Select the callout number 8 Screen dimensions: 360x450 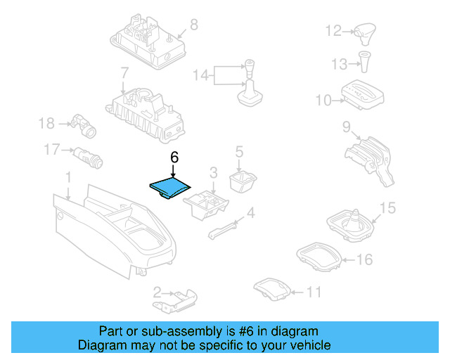click(x=193, y=25)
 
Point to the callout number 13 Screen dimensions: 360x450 click(x=340, y=64)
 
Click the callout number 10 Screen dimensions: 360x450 click(x=323, y=101)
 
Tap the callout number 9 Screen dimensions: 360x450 click(x=346, y=127)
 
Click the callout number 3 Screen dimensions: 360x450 click(x=213, y=172)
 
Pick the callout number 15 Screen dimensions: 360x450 click(x=387, y=208)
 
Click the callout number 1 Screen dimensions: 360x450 click(x=68, y=176)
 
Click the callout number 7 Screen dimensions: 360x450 click(x=124, y=72)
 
